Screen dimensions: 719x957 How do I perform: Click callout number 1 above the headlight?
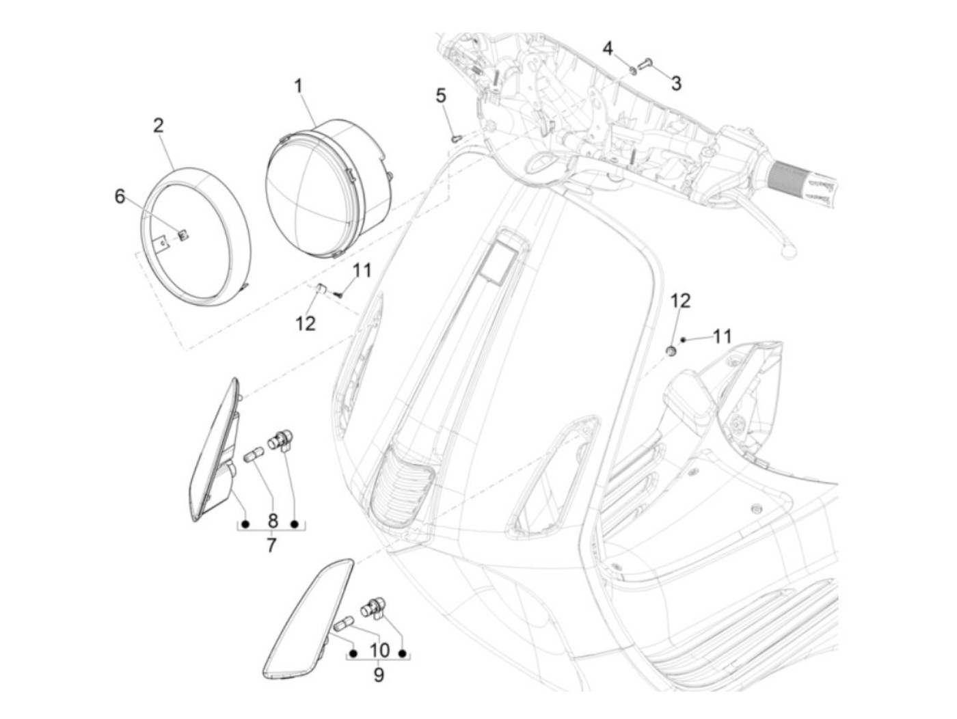tap(298, 87)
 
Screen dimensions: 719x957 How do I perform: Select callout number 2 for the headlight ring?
tap(159, 126)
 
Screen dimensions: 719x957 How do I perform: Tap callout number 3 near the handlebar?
tap(676, 83)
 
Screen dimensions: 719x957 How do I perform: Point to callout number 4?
tap(608, 48)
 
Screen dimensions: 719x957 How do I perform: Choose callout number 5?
tap(441, 96)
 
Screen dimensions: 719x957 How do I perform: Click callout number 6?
tap(120, 197)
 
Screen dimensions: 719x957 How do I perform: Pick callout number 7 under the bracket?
tap(271, 545)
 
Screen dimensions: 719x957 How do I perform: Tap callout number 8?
tap(272, 521)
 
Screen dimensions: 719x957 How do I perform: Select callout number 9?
tap(378, 675)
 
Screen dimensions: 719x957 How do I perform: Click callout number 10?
tap(379, 650)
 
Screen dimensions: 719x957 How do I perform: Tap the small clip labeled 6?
tap(183, 235)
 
